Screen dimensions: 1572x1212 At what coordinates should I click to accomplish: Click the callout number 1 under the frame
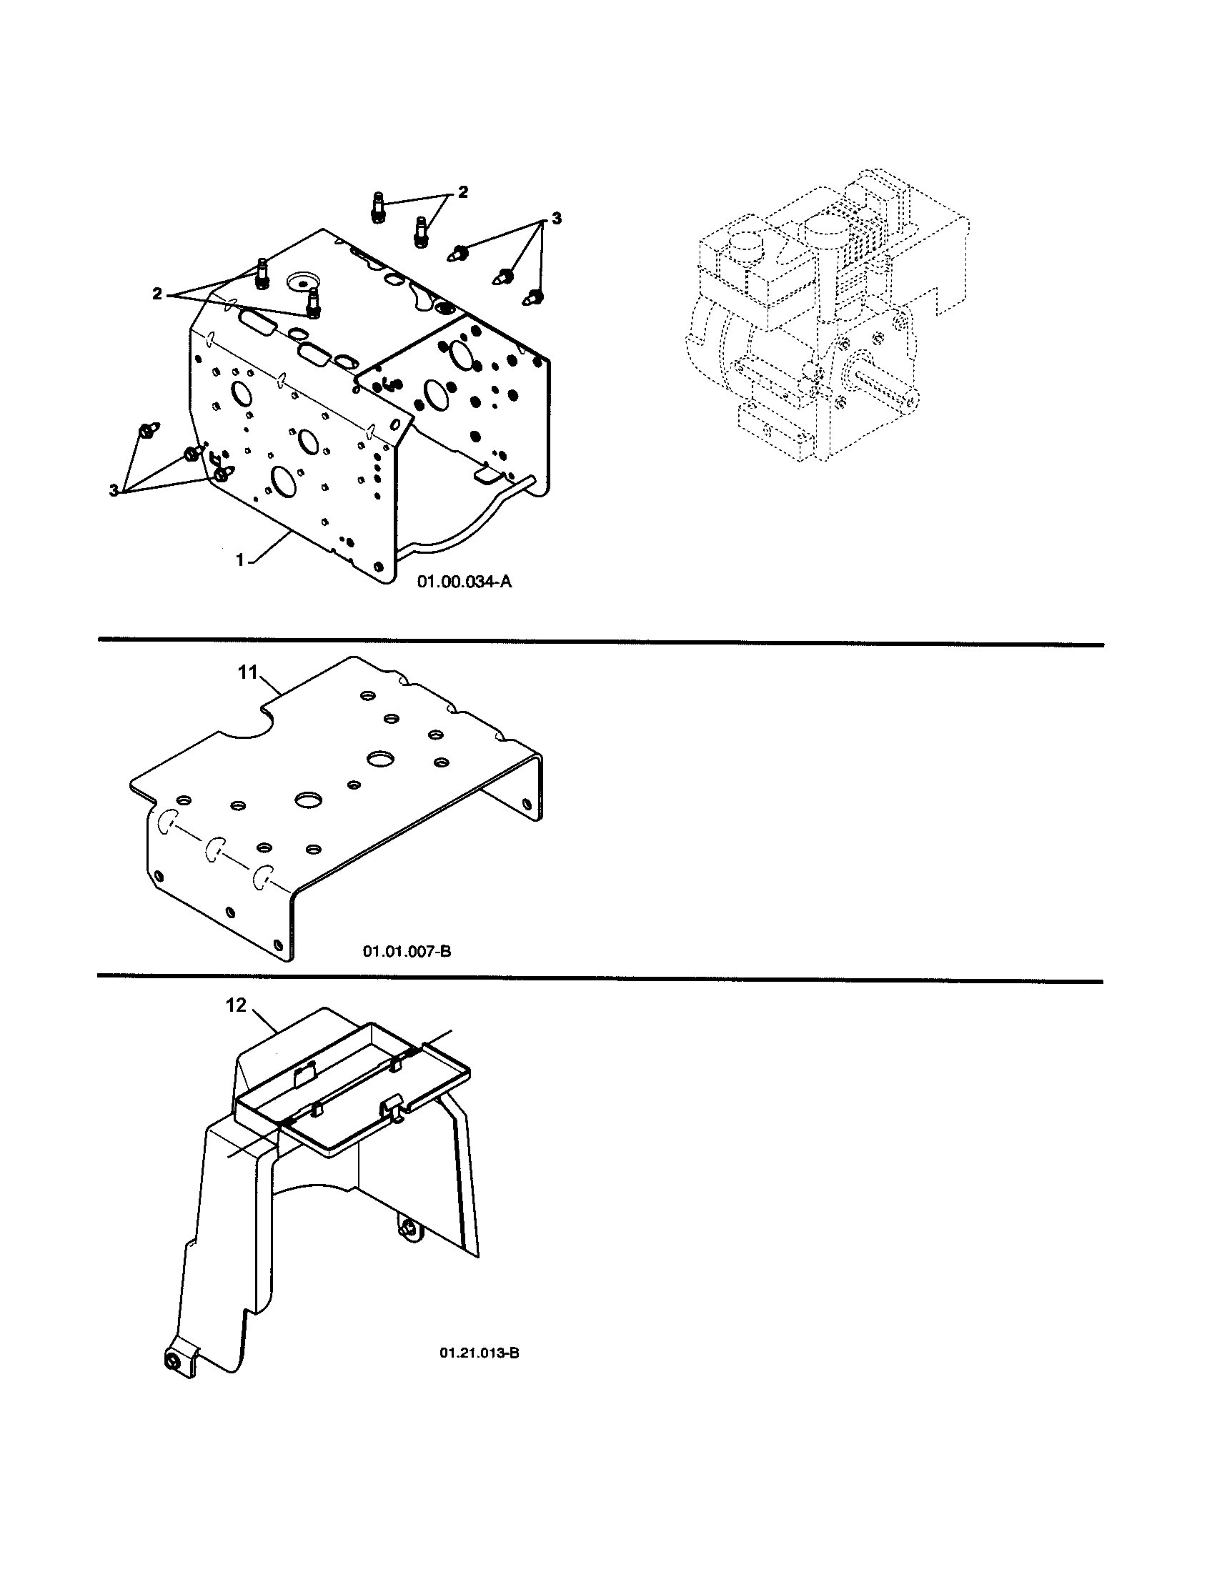[241, 560]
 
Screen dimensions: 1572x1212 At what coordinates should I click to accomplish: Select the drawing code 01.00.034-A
[465, 582]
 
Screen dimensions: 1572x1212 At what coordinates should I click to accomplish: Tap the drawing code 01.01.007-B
[407, 952]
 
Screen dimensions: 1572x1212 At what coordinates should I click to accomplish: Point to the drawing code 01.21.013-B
[480, 1353]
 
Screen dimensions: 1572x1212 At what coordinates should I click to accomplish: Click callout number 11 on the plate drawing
[248, 672]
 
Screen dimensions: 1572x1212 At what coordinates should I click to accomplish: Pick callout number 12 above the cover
[236, 1005]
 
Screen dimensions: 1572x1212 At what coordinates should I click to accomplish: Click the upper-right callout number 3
[556, 218]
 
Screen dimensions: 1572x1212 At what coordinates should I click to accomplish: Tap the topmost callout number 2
[463, 192]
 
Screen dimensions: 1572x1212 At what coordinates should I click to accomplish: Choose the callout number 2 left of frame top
[157, 293]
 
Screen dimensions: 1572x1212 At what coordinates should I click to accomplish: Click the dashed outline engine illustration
[828, 317]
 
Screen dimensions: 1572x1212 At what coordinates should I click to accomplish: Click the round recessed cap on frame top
[297, 280]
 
